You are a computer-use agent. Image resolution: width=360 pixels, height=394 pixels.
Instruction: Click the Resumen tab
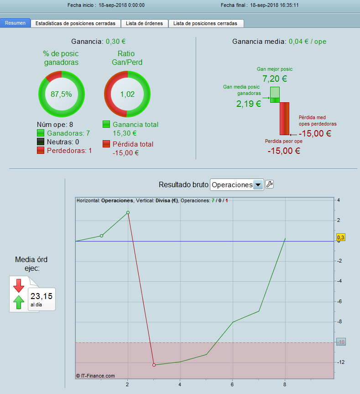coord(16,23)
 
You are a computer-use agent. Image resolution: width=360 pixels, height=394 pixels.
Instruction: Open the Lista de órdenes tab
coord(144,23)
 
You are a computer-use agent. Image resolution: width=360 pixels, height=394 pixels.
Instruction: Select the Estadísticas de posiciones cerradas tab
coord(76,23)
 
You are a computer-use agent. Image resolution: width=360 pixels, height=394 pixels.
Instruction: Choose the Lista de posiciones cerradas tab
coord(205,23)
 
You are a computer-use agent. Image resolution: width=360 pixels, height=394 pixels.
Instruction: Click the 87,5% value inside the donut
coord(61,94)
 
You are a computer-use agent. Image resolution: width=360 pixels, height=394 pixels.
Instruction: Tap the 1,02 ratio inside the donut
coord(127,94)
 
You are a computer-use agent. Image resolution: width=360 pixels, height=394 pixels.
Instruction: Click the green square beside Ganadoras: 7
coord(41,133)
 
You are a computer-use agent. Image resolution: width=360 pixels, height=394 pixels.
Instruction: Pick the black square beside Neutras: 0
coord(41,142)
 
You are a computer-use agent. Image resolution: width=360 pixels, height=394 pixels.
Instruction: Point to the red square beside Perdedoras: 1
coord(41,150)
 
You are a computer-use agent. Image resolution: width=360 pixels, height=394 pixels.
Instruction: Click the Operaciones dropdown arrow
coord(258,185)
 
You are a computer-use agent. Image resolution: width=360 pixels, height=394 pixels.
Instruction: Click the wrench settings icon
coord(269,184)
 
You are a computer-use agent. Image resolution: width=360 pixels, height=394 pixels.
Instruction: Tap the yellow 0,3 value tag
coord(341,237)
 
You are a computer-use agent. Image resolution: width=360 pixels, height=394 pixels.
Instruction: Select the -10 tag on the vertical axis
coord(341,342)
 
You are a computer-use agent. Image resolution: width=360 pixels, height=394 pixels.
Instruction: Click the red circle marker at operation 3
coord(154,365)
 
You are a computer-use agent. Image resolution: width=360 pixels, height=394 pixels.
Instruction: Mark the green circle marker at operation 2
coord(128,213)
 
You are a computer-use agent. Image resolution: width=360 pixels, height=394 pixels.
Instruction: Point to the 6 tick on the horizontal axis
coord(232,384)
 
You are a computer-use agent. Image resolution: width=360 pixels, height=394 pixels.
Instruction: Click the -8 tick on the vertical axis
coord(339,321)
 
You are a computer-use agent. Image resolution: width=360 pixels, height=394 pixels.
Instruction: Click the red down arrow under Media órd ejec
coord(19,286)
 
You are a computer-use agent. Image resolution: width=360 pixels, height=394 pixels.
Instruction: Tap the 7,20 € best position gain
coord(275,79)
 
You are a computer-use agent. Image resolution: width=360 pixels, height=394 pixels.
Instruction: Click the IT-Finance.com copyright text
coord(95,376)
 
